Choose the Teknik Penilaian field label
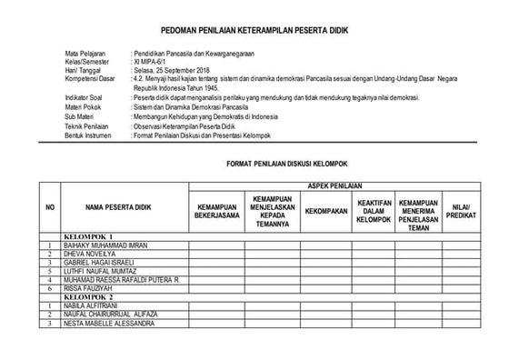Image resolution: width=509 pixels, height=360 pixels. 90,127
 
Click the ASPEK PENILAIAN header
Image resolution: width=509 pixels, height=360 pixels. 332,185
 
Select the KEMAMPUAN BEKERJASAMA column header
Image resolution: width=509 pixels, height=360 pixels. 215,210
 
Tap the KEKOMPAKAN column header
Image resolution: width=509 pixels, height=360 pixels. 326,210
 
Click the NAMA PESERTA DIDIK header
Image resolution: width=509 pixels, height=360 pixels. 119,209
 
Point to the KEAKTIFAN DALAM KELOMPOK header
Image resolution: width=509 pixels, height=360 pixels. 374,209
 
